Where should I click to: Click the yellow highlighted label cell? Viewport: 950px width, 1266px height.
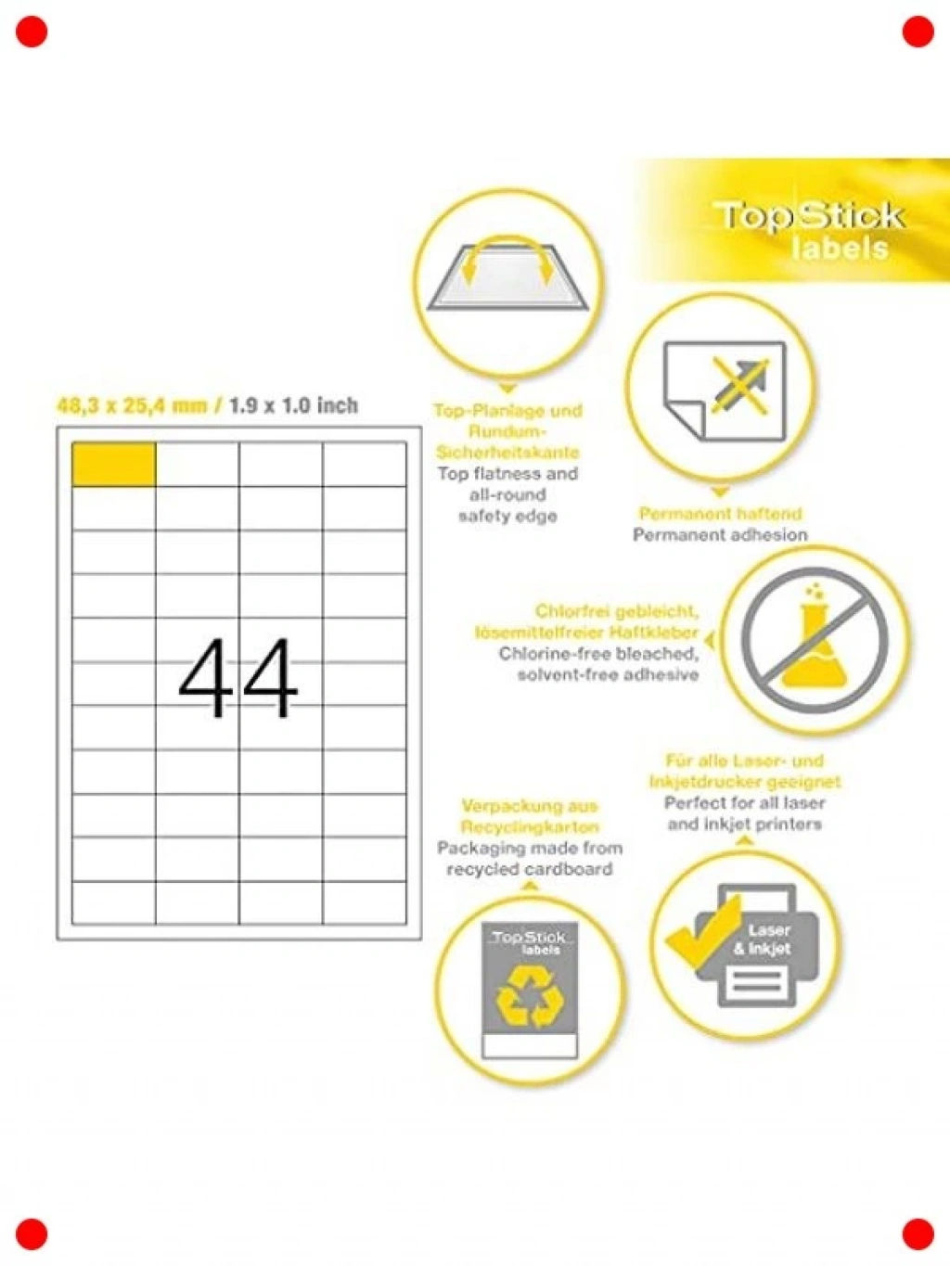(113, 465)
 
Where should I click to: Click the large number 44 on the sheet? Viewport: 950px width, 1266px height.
(238, 677)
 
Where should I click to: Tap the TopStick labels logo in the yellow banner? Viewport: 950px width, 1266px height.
(809, 231)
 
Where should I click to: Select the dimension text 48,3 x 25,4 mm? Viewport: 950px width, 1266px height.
(132, 405)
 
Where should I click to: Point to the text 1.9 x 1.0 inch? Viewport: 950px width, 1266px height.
(293, 405)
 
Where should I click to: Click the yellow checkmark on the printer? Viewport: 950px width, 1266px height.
(704, 934)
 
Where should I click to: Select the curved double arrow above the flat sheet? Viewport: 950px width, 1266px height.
(508, 241)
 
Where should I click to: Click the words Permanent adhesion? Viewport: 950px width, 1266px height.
(720, 534)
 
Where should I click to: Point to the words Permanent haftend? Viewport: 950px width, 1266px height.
(721, 513)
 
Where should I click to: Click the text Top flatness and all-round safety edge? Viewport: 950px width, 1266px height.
(507, 494)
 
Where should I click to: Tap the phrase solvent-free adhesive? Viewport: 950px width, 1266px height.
(608, 674)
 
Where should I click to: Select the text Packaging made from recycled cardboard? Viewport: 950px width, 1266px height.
(530, 858)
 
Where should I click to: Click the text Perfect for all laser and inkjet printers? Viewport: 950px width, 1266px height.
(745, 812)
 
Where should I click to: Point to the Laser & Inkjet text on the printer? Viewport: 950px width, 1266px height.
(763, 940)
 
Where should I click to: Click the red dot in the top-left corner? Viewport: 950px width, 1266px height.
(32, 32)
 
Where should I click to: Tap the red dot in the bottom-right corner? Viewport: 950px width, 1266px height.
(918, 1234)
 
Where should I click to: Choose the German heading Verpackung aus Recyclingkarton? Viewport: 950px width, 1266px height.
(530, 816)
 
